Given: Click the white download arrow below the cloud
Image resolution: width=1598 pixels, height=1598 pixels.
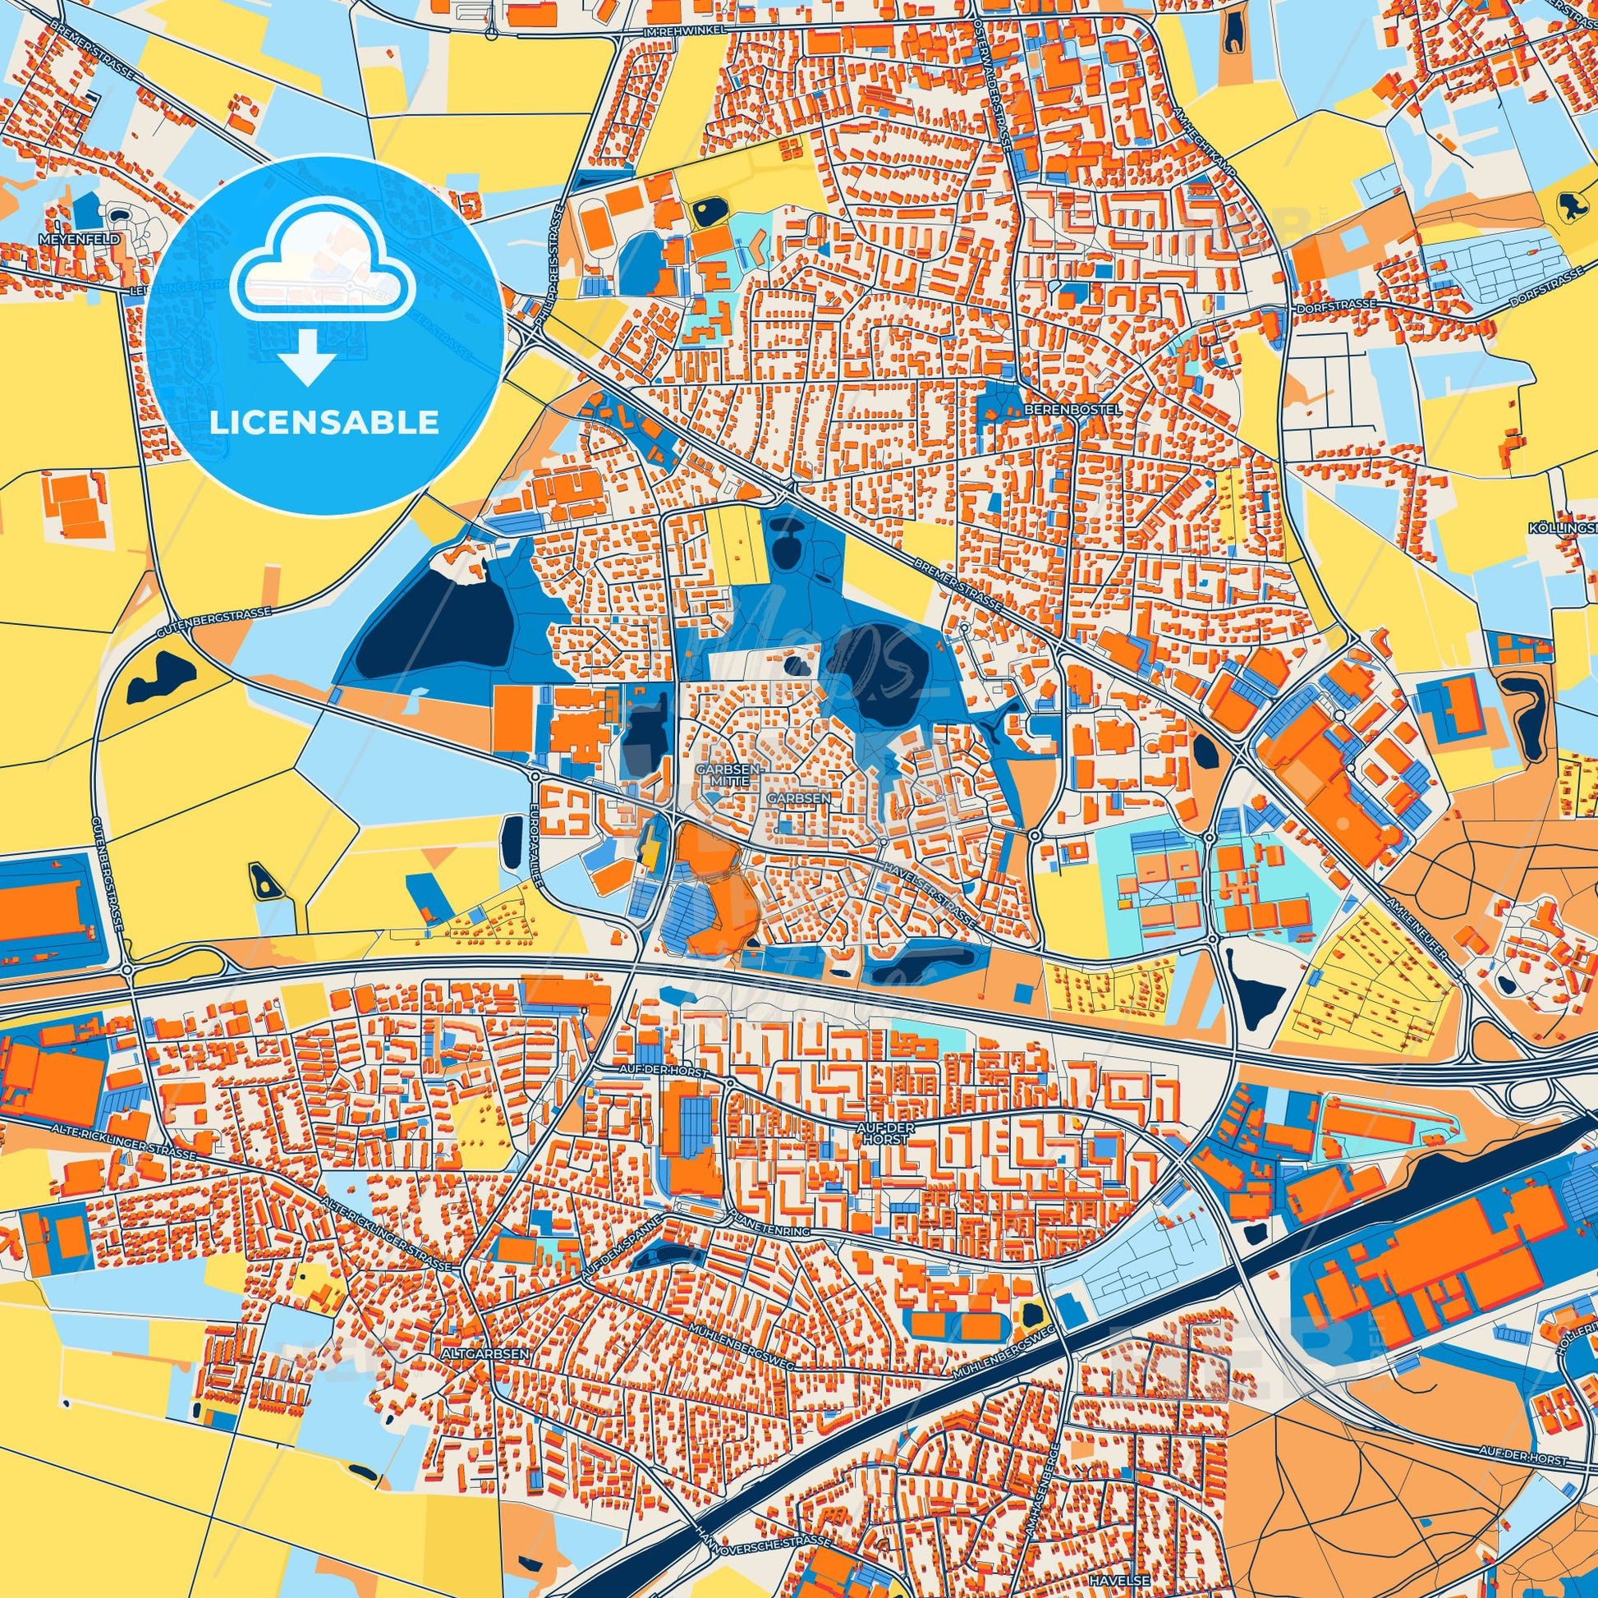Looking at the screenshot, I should point(307,356).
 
